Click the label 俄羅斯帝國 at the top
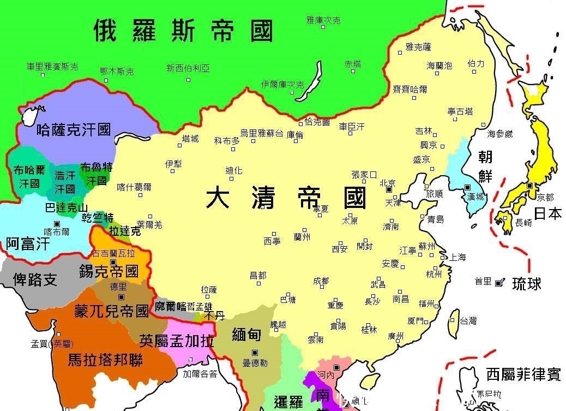[183, 31]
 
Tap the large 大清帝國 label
[285, 198]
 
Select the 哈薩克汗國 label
[74, 130]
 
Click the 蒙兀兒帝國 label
[111, 312]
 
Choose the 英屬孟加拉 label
[176, 341]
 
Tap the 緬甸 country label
[246, 335]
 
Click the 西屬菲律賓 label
[523, 374]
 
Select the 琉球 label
[526, 284]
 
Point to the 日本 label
[547, 213]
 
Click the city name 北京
[388, 182]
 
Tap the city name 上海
[457, 257]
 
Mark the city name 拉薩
[209, 289]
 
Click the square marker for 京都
[529, 186]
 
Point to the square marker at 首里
[498, 282]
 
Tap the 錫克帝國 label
[109, 271]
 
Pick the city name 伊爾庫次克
[282, 85]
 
